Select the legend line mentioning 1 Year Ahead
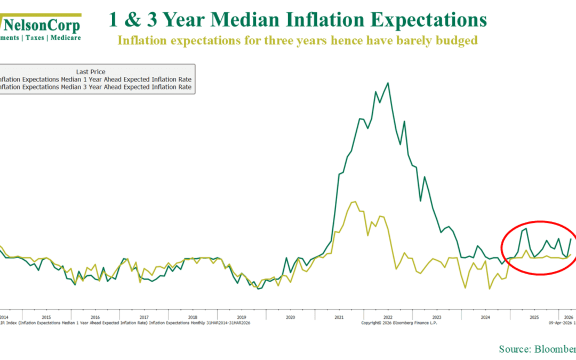(96, 79)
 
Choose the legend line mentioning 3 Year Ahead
(96, 87)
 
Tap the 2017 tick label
(143, 317)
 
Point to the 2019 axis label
(241, 317)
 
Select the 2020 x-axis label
(290, 317)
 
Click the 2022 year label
(388, 317)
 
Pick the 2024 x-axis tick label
(485, 317)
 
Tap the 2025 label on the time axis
(534, 317)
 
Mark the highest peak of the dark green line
(388, 83)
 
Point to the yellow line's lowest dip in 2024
(489, 289)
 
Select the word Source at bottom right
(514, 349)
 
